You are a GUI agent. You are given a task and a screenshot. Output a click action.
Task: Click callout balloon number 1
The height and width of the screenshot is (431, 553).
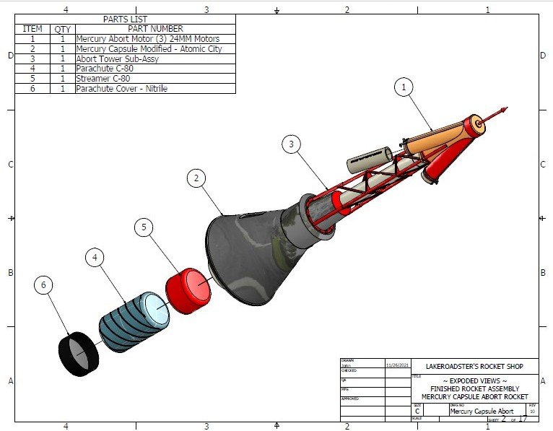point(404,87)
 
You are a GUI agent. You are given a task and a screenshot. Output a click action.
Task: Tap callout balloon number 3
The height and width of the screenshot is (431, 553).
point(291,144)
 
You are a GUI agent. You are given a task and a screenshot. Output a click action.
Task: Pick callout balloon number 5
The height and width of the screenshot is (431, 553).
point(144,227)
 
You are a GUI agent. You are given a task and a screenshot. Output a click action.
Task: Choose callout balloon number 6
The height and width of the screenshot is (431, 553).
point(44,286)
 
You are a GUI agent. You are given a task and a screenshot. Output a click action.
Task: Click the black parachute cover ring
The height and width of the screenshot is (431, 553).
point(78,353)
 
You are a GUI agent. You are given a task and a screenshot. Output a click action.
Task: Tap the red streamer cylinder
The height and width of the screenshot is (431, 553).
point(188,289)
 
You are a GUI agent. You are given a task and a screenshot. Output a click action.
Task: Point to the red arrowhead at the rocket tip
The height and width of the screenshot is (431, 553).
point(503,110)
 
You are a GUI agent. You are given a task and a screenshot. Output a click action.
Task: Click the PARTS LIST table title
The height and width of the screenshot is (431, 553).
point(125,19)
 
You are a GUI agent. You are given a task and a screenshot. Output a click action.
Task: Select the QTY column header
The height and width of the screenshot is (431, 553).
point(62,29)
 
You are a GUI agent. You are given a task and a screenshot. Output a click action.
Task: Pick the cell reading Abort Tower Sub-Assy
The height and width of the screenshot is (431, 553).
point(118,59)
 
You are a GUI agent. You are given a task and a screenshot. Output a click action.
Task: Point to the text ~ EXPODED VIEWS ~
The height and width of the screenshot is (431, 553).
point(474,380)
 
